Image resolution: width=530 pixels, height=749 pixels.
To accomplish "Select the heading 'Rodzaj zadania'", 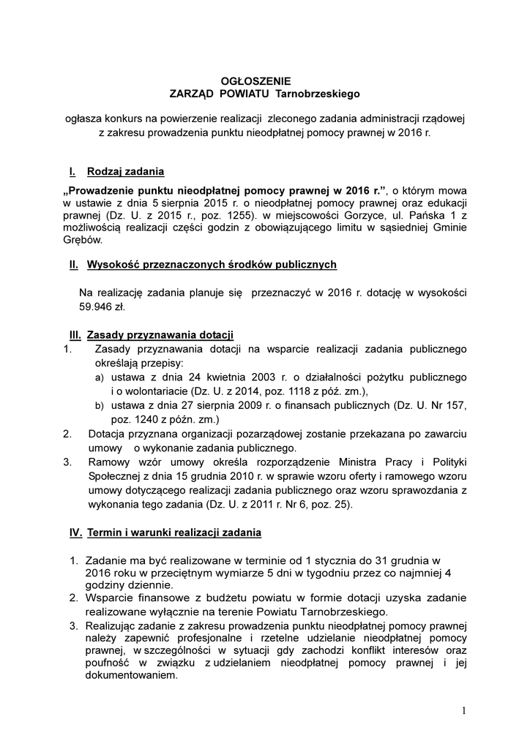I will [125, 172].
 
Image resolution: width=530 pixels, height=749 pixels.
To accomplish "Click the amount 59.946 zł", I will [102, 307].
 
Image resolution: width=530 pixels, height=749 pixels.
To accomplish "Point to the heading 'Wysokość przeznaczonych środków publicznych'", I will [211, 265].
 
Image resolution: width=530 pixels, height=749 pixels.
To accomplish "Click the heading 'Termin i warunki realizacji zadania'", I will [173, 532].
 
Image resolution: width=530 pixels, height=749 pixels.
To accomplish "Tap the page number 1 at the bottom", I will [464, 710].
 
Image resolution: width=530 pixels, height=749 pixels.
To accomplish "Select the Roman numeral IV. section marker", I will [75, 532].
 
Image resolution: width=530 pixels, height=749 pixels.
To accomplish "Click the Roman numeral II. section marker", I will [74, 265].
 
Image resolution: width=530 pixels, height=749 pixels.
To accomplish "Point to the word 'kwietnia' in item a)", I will [226, 377].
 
